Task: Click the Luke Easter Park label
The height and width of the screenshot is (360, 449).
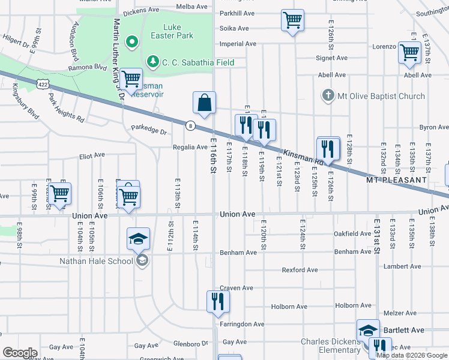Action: [x=178, y=31]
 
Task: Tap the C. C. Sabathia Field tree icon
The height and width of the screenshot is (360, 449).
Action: [x=153, y=62]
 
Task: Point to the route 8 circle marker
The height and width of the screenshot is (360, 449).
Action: [x=190, y=125]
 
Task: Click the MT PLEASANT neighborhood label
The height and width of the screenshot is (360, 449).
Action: [x=396, y=180]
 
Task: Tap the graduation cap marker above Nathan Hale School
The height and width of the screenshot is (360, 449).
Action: [x=138, y=239]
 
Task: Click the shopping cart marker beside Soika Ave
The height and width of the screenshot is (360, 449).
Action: [x=292, y=20]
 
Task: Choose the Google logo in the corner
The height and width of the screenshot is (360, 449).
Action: [x=20, y=353]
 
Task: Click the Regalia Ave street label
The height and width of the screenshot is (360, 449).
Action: [x=190, y=147]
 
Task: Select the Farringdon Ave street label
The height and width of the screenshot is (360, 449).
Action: [x=242, y=324]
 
